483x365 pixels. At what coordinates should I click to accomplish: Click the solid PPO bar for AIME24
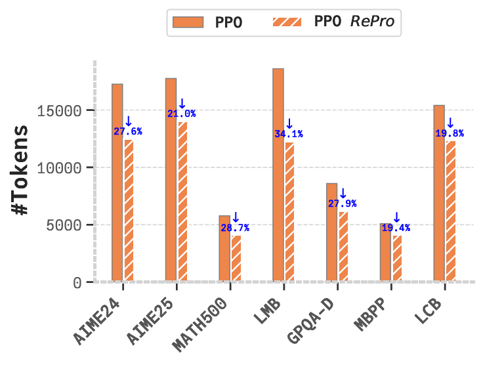[x=117, y=183]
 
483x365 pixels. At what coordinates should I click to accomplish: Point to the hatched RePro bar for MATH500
[x=237, y=259]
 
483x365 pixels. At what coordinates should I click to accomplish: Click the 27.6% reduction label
[x=127, y=131]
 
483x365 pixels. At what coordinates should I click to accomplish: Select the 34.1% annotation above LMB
[x=289, y=135]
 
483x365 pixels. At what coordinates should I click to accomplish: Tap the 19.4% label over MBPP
[x=396, y=228]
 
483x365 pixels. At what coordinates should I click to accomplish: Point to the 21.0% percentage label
[x=181, y=114]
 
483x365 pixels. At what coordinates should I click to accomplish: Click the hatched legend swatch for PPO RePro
[x=289, y=22]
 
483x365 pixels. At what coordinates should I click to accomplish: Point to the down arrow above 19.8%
[x=450, y=122]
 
